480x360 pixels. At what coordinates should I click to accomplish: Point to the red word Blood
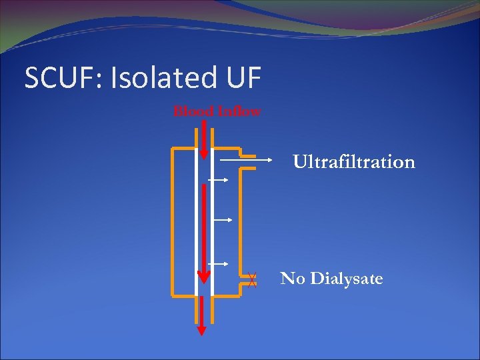coord(193,112)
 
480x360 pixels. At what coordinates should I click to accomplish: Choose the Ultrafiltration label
coord(354,162)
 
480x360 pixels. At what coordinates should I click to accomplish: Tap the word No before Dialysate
coord(292,279)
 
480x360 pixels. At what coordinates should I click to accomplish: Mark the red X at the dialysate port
coord(251,281)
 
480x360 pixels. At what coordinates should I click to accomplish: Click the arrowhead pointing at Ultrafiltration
coord(269,160)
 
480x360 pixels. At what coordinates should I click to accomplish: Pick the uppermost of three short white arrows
coord(218,180)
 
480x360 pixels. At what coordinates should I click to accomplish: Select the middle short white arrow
coord(221,219)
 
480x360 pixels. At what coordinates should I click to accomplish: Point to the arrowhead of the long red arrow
coord(204,277)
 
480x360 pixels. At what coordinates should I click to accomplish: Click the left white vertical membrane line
coord(196,220)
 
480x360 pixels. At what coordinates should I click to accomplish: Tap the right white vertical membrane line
coord(211,220)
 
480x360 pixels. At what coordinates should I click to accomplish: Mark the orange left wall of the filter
coord(173,220)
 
